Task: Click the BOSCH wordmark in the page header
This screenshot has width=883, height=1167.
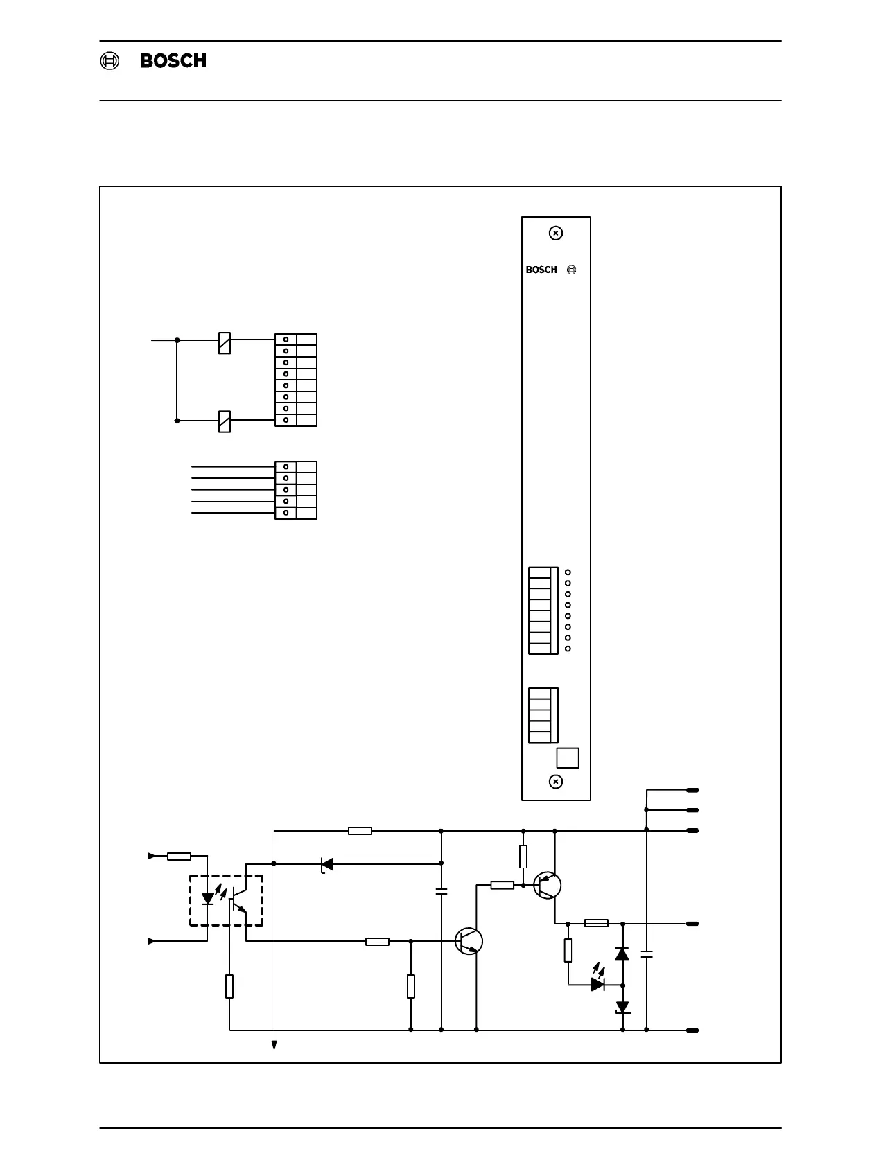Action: (x=173, y=61)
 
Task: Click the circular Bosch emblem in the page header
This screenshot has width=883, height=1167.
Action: (x=109, y=61)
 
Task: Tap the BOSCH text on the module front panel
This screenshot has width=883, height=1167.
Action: (x=541, y=270)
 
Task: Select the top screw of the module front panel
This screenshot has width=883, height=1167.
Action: (x=555, y=234)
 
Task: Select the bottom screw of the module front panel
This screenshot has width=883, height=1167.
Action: (x=555, y=782)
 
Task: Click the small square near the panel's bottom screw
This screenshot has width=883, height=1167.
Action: (x=568, y=758)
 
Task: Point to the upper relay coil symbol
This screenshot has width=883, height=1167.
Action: (x=225, y=342)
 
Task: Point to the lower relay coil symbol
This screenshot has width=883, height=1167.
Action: (x=225, y=421)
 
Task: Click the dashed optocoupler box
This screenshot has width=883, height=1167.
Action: (x=226, y=900)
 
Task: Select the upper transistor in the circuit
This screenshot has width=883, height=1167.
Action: (x=547, y=885)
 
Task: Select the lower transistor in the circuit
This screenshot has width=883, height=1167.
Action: (x=469, y=941)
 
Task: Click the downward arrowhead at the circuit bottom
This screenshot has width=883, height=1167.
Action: (x=274, y=1045)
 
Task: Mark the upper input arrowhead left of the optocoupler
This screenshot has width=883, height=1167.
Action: (x=152, y=857)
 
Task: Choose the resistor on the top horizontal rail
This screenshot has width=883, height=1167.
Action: (x=360, y=831)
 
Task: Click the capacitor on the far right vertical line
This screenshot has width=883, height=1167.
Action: (x=647, y=955)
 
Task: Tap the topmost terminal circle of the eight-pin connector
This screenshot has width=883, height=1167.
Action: (x=286, y=340)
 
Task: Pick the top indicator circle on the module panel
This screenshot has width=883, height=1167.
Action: (x=568, y=572)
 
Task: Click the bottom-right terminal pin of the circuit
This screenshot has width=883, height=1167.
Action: (x=692, y=1030)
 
